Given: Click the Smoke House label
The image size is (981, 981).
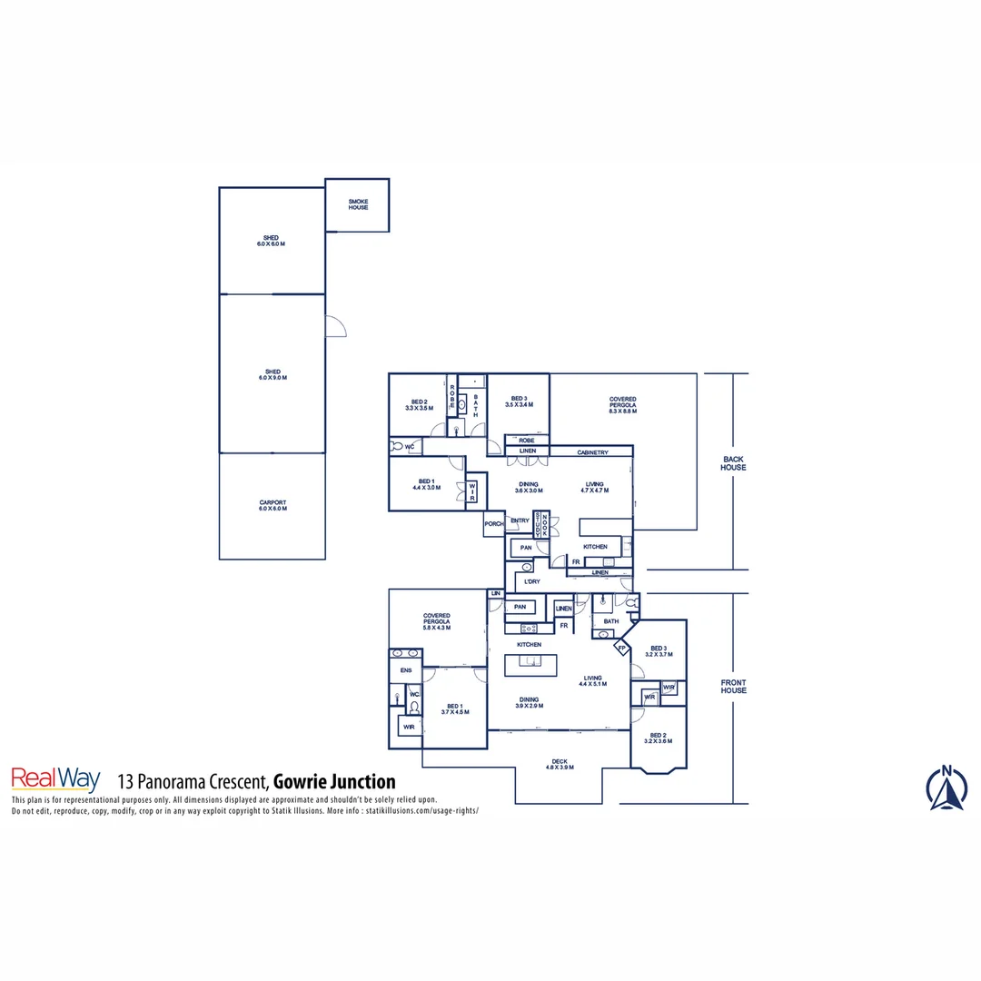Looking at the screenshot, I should (x=358, y=204).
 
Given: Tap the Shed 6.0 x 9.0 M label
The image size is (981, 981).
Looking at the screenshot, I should (x=272, y=374).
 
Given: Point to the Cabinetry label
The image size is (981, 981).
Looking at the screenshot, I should (x=592, y=452).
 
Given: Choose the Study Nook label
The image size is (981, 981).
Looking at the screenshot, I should (x=541, y=524).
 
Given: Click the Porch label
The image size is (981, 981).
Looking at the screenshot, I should (x=494, y=524).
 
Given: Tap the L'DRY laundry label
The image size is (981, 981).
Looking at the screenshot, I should (x=532, y=581).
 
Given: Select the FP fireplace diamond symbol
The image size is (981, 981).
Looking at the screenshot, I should (x=622, y=648).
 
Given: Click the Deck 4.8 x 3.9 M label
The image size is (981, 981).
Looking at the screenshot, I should (x=560, y=765).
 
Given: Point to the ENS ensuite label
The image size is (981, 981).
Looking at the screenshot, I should (x=406, y=671).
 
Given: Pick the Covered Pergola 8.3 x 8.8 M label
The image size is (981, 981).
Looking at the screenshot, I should (x=623, y=405).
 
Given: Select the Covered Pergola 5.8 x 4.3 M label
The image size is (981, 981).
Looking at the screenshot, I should (x=436, y=621).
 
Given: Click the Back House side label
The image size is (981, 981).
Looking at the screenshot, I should (x=733, y=463).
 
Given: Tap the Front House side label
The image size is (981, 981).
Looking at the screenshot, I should (x=733, y=687).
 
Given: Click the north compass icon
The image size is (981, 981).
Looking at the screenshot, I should (x=946, y=788).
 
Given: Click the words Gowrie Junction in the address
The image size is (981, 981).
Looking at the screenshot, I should (x=334, y=781).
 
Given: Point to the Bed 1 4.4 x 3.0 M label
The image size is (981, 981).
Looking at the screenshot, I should (x=426, y=484).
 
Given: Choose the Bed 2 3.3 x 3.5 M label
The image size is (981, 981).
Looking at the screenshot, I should (x=418, y=405).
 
